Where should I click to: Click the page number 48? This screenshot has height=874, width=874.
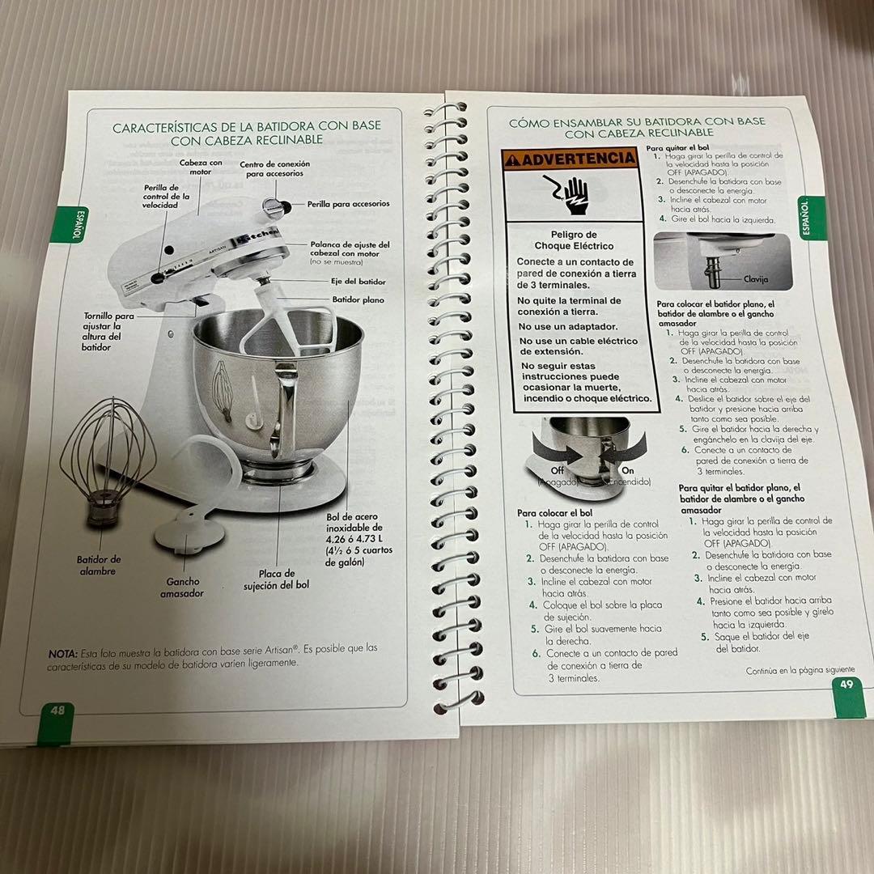[57, 710]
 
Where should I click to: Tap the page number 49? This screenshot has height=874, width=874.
[846, 684]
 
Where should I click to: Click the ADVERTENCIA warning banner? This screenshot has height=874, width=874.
[569, 159]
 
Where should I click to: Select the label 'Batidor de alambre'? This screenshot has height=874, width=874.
[99, 565]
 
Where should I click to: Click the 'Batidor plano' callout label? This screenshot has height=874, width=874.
[358, 299]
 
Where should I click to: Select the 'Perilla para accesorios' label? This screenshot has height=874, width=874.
[348, 204]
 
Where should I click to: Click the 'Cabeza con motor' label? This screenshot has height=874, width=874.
[201, 167]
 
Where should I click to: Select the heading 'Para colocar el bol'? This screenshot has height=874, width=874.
[554, 513]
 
